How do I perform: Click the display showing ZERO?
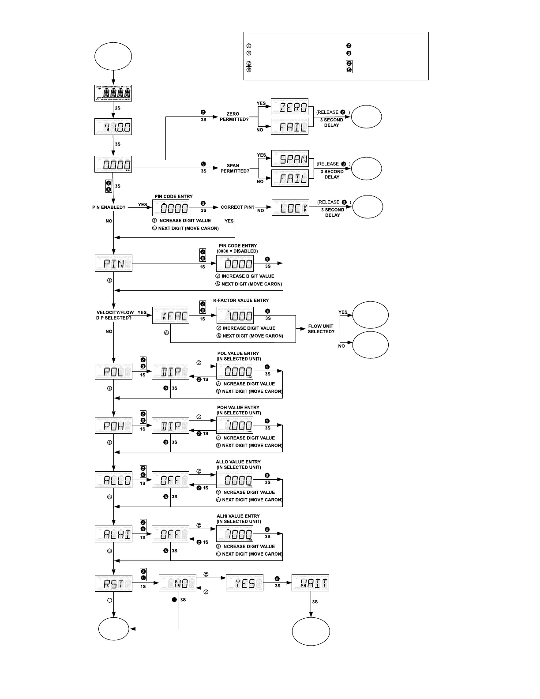289,107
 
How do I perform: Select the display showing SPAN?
289,158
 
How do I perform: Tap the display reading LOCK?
290,207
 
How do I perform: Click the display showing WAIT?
310,583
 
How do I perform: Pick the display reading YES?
244,583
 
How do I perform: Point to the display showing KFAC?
171,315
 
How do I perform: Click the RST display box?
113,583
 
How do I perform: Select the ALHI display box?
113,534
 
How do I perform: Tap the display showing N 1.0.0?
113,127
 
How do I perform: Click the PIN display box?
113,263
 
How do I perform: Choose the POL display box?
113,371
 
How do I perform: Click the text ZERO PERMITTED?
234,116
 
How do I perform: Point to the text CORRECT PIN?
238,207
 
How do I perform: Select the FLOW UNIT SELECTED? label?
321,329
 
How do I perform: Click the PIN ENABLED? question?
109,207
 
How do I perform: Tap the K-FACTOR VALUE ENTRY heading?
241,301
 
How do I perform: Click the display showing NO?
177,583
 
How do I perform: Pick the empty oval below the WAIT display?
311,631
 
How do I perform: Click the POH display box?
113,425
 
